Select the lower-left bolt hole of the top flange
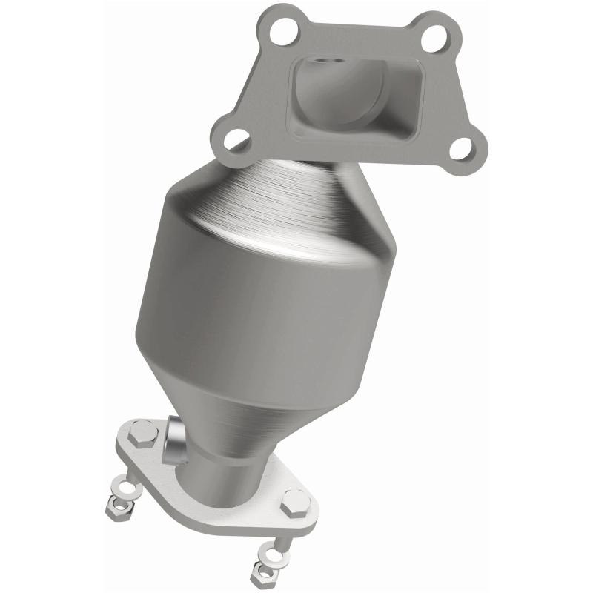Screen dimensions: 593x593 (236, 137)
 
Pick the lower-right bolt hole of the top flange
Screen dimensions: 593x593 (462, 148)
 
